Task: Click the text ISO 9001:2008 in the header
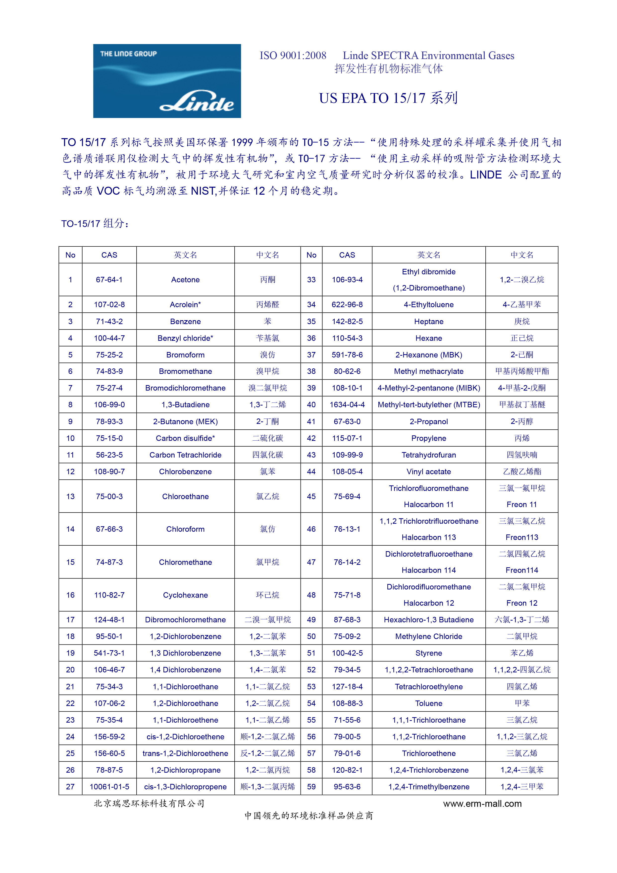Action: click(293, 56)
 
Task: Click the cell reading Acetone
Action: click(185, 280)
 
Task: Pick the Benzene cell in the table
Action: click(185, 321)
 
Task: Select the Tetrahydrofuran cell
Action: click(429, 455)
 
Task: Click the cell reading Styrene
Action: click(429, 653)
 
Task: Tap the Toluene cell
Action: click(429, 703)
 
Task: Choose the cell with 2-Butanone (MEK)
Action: click(185, 421)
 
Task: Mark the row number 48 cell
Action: click(311, 595)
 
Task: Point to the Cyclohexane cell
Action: click(185, 595)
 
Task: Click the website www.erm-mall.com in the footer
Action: click(482, 803)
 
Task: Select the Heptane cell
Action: click(429, 321)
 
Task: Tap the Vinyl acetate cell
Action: click(429, 471)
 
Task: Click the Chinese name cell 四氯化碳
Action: click(267, 455)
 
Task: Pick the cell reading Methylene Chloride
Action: click(429, 636)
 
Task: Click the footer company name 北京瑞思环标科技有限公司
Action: click(149, 803)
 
